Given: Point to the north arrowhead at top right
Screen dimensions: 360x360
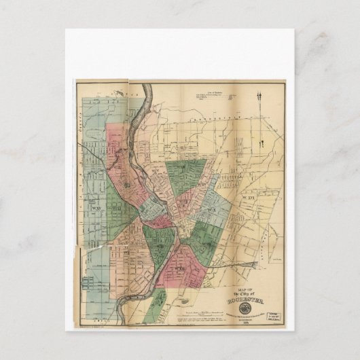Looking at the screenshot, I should click(x=259, y=96).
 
